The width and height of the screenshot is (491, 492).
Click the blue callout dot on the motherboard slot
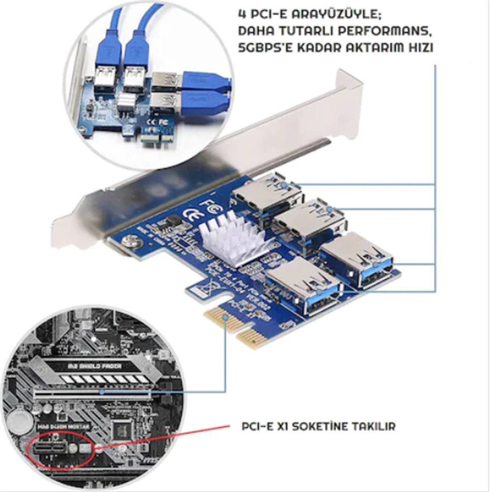click(x=101, y=391)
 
